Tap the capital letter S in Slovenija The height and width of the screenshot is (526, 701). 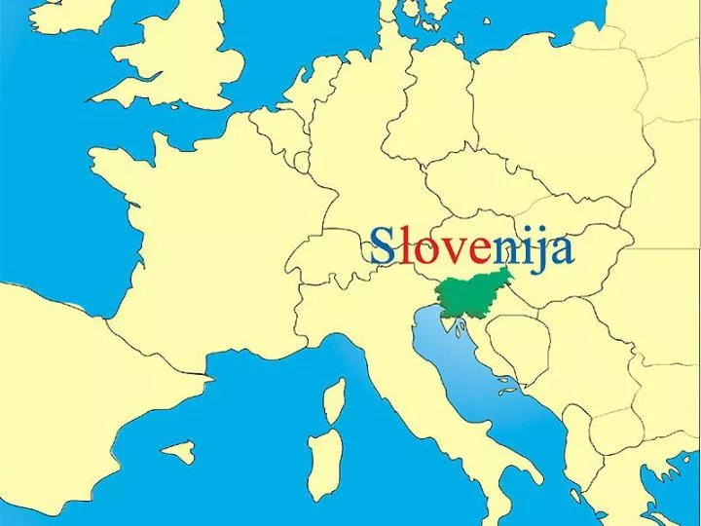click(x=384, y=247)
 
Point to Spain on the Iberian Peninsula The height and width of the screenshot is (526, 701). click(x=58, y=390)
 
